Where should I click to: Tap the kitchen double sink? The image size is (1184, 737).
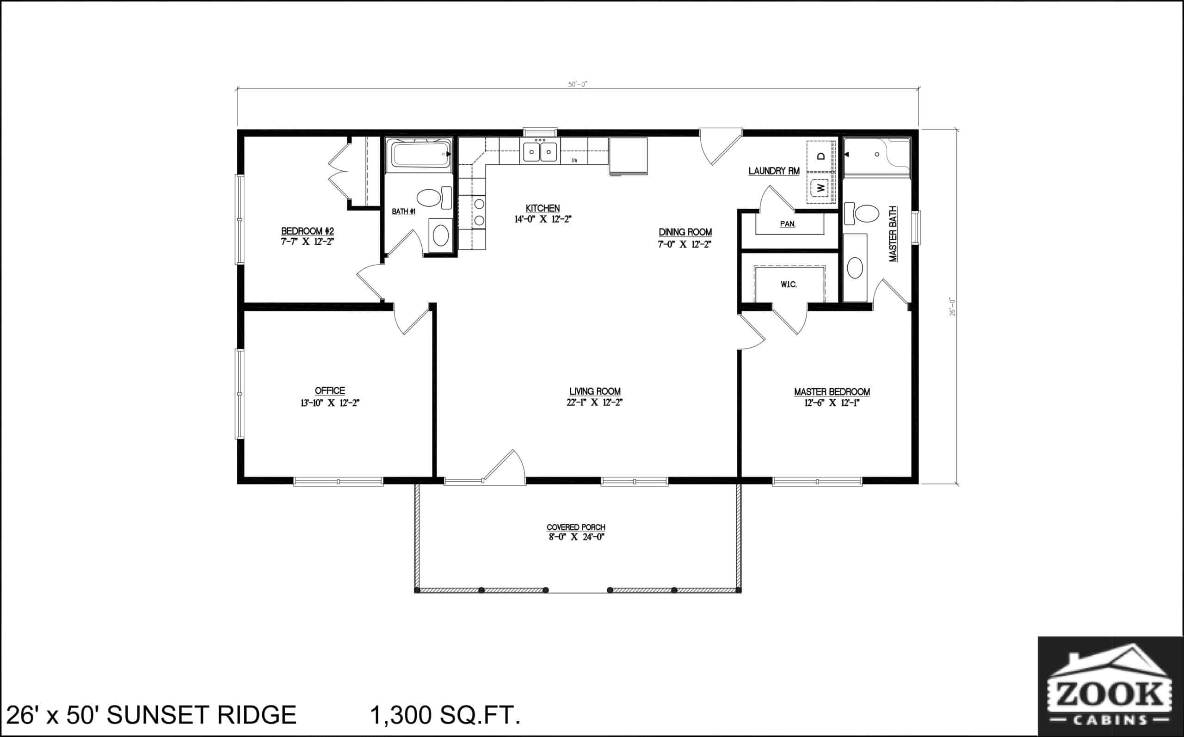click(x=540, y=152)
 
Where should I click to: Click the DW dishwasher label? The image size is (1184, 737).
click(x=574, y=161)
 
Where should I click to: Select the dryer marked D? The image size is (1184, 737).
click(x=821, y=156)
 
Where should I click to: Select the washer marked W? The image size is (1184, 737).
click(x=821, y=187)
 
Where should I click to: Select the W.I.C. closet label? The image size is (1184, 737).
click(x=789, y=285)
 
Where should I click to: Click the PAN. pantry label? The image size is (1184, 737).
click(x=787, y=224)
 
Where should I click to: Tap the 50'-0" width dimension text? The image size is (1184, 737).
click(x=577, y=84)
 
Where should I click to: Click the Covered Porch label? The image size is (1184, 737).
click(x=575, y=527)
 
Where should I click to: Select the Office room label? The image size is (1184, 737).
click(x=330, y=390)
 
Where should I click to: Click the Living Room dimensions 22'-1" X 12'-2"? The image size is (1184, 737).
click(x=594, y=403)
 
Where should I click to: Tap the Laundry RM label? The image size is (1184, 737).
click(x=774, y=171)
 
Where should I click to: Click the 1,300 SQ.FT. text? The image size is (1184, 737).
click(x=445, y=715)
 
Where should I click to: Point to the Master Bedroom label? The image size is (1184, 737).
click(x=832, y=391)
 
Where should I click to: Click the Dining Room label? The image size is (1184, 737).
click(x=685, y=232)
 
